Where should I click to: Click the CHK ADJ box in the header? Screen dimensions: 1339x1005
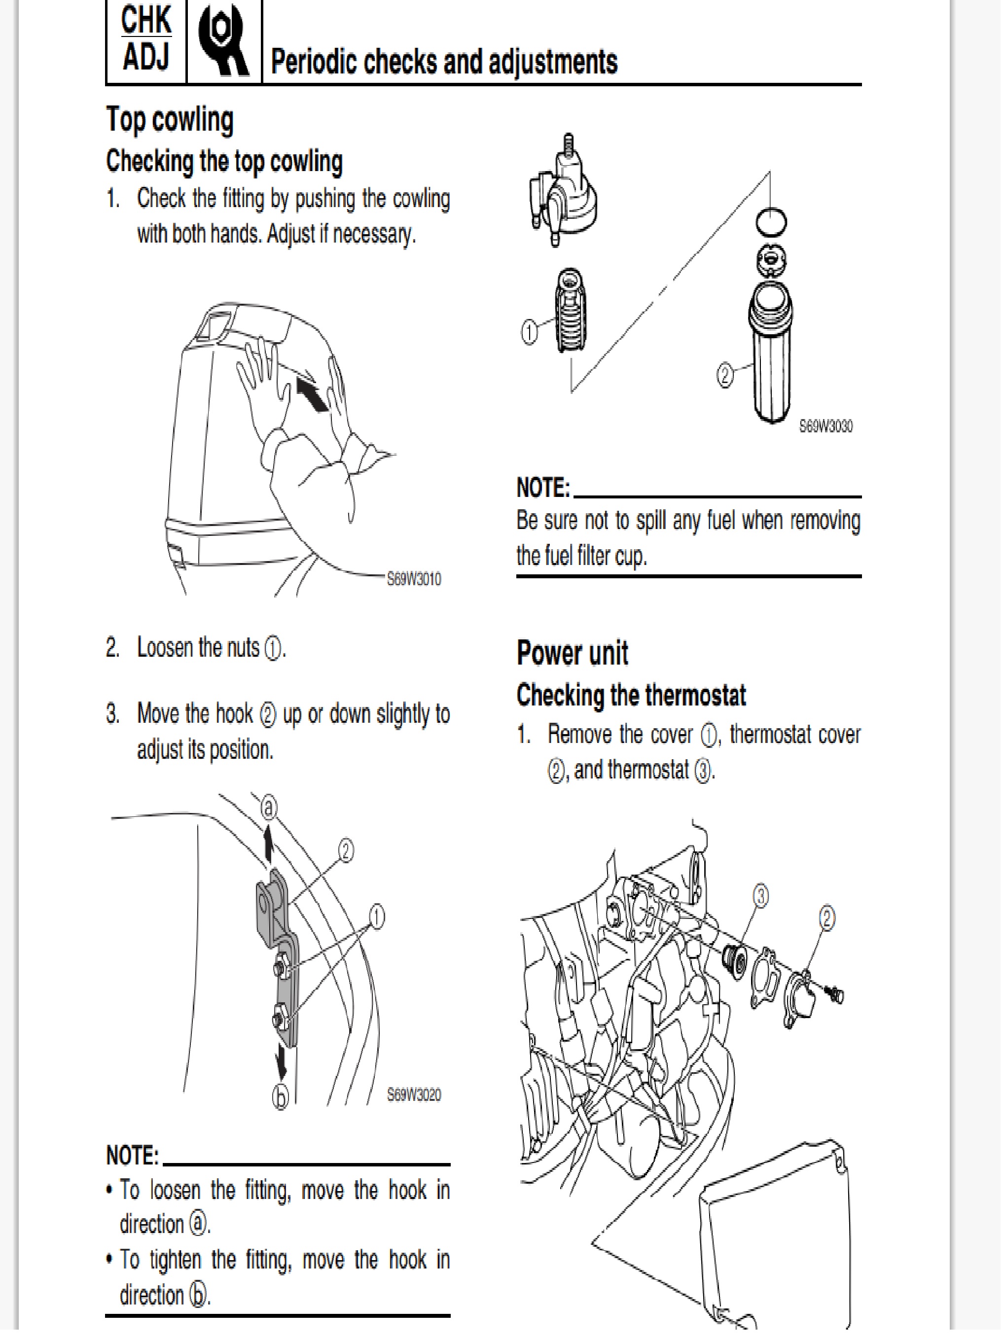(146, 39)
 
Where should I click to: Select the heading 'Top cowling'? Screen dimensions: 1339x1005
(170, 119)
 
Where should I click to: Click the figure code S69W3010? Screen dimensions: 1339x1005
(414, 579)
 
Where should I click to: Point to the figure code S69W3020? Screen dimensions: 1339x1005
(414, 1094)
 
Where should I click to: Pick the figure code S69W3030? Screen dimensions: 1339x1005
(826, 426)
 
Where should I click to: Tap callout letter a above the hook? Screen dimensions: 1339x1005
(269, 808)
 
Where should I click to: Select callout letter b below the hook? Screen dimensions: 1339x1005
(280, 1097)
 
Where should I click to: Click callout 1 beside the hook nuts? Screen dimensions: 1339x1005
(377, 917)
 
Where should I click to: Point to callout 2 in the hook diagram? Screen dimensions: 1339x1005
(345, 851)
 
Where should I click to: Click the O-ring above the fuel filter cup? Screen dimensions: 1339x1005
(771, 221)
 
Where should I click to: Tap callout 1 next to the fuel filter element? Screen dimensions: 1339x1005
(529, 332)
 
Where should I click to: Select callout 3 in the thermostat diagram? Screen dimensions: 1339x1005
(760, 896)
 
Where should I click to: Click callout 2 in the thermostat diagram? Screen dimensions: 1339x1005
(826, 918)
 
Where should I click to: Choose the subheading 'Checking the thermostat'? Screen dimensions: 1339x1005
(631, 695)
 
